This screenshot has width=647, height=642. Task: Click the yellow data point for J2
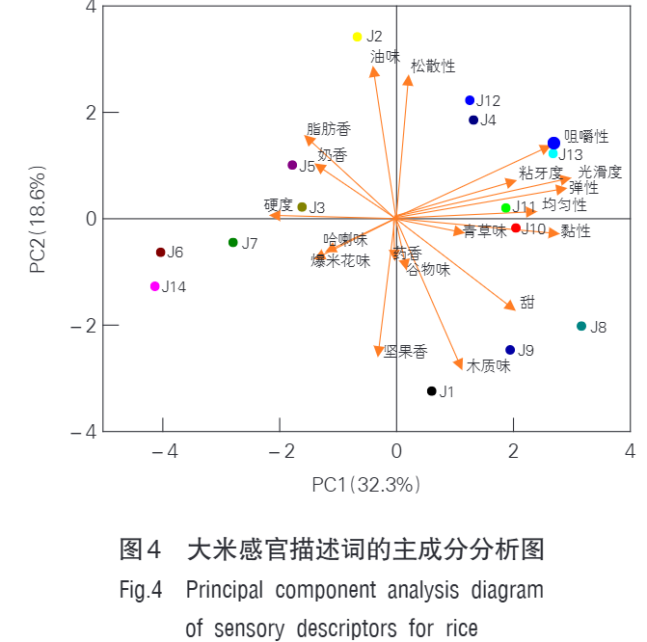pyautogui.click(x=357, y=37)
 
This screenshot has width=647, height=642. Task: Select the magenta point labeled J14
pyautogui.click(x=154, y=286)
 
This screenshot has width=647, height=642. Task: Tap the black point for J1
pyautogui.click(x=432, y=390)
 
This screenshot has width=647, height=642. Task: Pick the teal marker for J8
pyautogui.click(x=581, y=326)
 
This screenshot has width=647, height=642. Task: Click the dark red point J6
pyautogui.click(x=161, y=253)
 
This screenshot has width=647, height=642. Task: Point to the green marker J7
pyautogui.click(x=232, y=242)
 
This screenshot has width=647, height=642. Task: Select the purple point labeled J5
pyautogui.click(x=292, y=165)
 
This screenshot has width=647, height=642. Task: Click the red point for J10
pyautogui.click(x=516, y=227)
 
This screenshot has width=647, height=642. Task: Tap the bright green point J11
pyautogui.click(x=505, y=207)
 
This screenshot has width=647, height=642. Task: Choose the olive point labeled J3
pyautogui.click(x=302, y=206)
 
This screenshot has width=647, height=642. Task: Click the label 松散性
pyautogui.click(x=433, y=67)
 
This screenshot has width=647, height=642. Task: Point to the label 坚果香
pyautogui.click(x=405, y=352)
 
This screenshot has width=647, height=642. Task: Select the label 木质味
pyautogui.click(x=488, y=366)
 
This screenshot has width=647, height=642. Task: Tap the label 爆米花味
pyautogui.click(x=340, y=261)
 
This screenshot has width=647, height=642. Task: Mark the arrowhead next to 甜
pyautogui.click(x=511, y=307)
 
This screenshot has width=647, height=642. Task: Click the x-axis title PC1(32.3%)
pyautogui.click(x=367, y=484)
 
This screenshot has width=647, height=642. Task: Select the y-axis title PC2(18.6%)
pyautogui.click(x=38, y=221)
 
